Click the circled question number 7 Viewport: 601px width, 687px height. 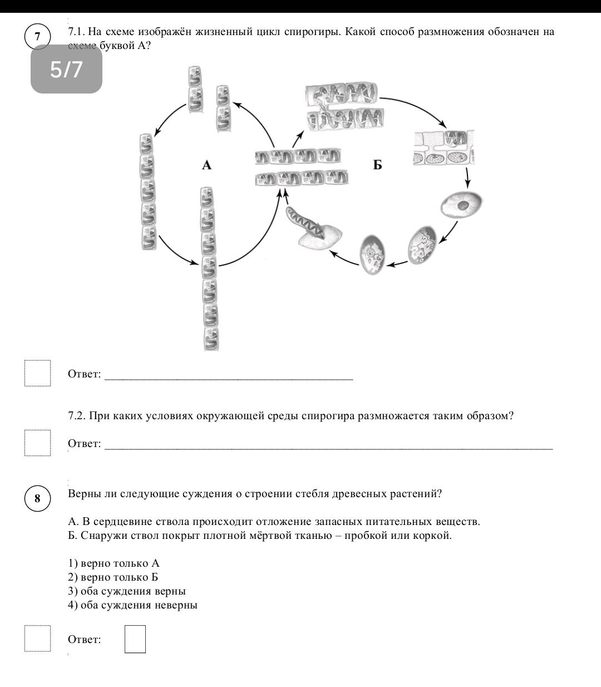coord(37,36)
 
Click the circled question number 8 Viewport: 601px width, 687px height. coord(37,498)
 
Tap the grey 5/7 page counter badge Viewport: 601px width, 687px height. coord(66,69)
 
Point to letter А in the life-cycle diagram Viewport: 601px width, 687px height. coord(206,165)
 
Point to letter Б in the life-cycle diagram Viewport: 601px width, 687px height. coord(377,165)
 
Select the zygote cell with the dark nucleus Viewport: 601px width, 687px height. coord(462,204)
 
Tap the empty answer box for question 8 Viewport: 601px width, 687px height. coord(135,639)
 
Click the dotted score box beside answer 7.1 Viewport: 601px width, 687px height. coord(38,373)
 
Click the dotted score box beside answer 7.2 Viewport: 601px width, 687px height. coord(38,443)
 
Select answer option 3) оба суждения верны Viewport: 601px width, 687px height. coord(127,591)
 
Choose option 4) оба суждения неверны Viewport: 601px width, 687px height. coord(132,605)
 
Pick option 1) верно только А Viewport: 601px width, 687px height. coord(114,563)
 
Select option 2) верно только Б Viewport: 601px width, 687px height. coord(113,577)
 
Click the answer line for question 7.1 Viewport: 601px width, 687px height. coord(229,380)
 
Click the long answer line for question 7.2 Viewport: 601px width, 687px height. coord(329,449)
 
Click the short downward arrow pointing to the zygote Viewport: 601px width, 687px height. coord(467,177)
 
